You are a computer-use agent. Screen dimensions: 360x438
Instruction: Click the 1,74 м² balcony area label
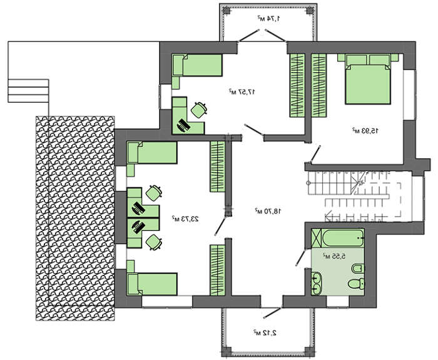[x=268, y=19]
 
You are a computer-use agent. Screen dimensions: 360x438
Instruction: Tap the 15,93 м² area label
[x=364, y=131]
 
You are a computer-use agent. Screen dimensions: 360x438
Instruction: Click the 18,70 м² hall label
[x=268, y=212]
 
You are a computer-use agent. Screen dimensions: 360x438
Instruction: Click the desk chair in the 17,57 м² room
[x=199, y=109]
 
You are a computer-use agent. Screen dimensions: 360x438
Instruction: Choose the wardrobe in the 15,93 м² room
[x=319, y=85]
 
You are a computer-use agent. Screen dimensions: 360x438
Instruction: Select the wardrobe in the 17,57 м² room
[x=297, y=85]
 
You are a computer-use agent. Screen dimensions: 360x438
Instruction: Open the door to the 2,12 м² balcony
[x=271, y=311]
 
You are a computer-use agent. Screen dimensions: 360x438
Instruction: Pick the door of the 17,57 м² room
[x=253, y=132]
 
